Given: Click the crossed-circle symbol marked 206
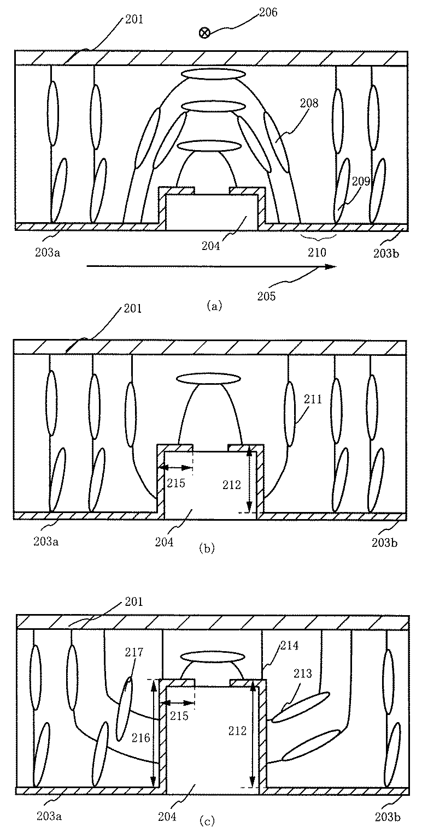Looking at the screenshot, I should coord(204,33).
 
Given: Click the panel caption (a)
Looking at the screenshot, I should coord(214,306).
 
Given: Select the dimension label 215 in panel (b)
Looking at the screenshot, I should coord(177,483).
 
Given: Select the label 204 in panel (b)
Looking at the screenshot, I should coord(164,541).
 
